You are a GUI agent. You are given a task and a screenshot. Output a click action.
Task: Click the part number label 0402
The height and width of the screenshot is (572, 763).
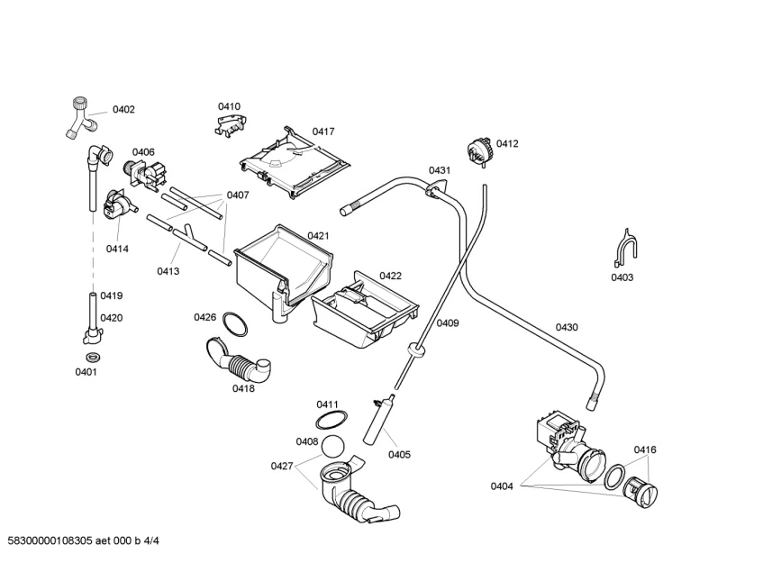click(123, 110)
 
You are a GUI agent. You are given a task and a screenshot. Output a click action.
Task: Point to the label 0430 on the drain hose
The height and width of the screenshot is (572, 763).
click(567, 327)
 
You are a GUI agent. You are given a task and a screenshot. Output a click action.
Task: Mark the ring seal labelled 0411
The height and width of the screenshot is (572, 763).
click(332, 420)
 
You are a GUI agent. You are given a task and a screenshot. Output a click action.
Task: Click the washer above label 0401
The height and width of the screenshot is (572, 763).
click(90, 359)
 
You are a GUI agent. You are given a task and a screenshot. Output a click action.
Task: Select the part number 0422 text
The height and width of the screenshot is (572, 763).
click(390, 276)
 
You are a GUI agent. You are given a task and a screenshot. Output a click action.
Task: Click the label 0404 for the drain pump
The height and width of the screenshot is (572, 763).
click(502, 486)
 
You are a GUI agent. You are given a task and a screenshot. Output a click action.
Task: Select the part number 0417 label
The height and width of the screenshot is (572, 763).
click(324, 132)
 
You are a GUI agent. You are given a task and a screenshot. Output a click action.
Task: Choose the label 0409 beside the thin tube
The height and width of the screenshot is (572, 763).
click(448, 322)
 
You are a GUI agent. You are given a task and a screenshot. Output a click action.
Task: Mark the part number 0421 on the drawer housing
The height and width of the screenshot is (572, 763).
click(318, 236)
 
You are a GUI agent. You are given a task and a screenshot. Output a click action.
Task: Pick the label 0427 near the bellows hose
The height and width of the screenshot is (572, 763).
click(282, 466)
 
